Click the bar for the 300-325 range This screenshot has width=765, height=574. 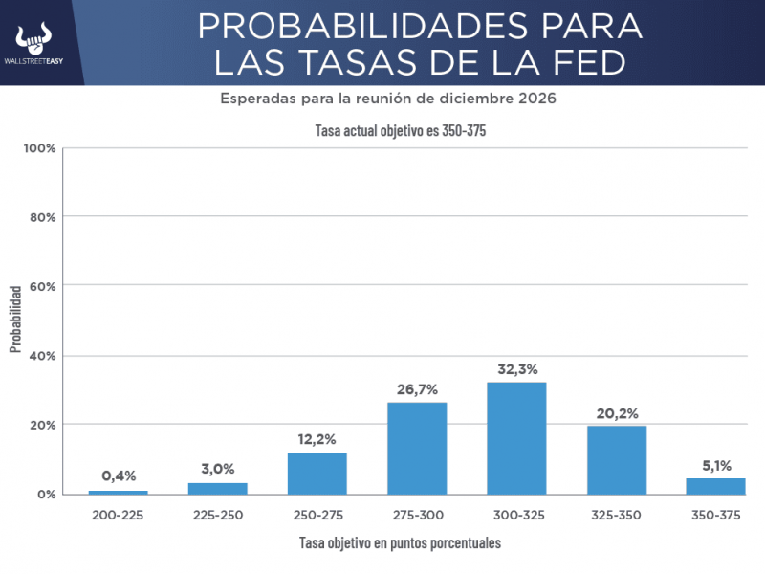click(516, 438)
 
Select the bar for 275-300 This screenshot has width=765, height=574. click(417, 448)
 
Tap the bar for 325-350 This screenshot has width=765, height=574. click(617, 459)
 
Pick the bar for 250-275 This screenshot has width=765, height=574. click(317, 474)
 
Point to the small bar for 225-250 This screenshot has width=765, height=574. click(218, 488)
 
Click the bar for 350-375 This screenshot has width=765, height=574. click(716, 486)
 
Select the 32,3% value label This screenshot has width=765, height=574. click(516, 368)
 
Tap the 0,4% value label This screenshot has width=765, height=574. click(119, 476)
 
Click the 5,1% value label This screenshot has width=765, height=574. click(716, 466)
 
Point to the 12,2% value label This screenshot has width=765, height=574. click(317, 439)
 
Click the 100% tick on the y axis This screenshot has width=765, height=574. click(41, 148)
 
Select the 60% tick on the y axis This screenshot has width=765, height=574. click(44, 286)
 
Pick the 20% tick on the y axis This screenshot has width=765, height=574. click(44, 425)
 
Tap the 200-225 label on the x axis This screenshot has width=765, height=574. click(119, 515)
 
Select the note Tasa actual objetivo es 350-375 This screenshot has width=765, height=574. click(401, 131)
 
